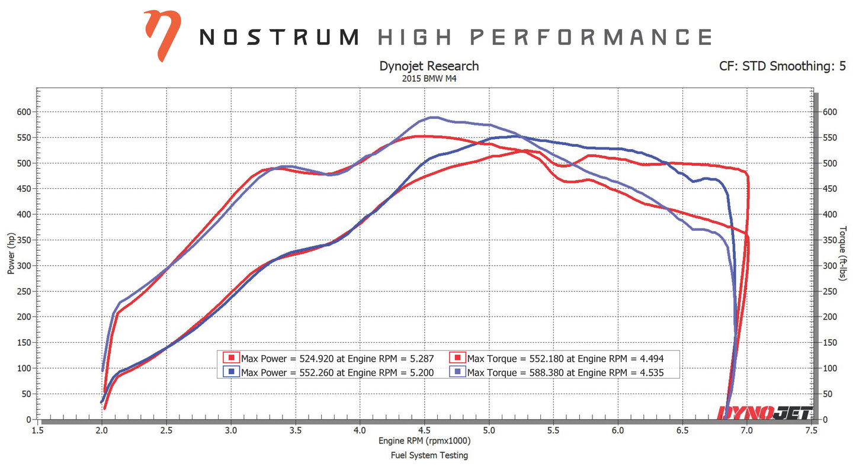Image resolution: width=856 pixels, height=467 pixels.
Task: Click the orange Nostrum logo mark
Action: coord(162,35)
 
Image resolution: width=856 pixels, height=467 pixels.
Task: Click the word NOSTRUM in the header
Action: coord(279,37)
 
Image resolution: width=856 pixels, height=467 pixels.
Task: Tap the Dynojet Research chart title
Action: coord(428,66)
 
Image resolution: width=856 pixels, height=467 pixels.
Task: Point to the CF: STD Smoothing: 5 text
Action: coord(782,66)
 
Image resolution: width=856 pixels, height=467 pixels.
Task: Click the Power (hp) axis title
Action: coord(11,253)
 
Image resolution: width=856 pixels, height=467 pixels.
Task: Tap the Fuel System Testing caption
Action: coord(429,455)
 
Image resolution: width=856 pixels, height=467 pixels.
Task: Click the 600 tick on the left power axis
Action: coord(24,112)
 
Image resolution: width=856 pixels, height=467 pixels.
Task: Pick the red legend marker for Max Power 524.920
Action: coord(231,358)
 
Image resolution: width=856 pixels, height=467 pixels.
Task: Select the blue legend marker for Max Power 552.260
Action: coord(231,372)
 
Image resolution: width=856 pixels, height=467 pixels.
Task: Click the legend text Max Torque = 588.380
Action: coord(569,372)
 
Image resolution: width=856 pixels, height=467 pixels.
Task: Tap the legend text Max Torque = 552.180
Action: coord(569,358)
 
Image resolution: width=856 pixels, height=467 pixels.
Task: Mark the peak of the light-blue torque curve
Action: coord(434,117)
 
